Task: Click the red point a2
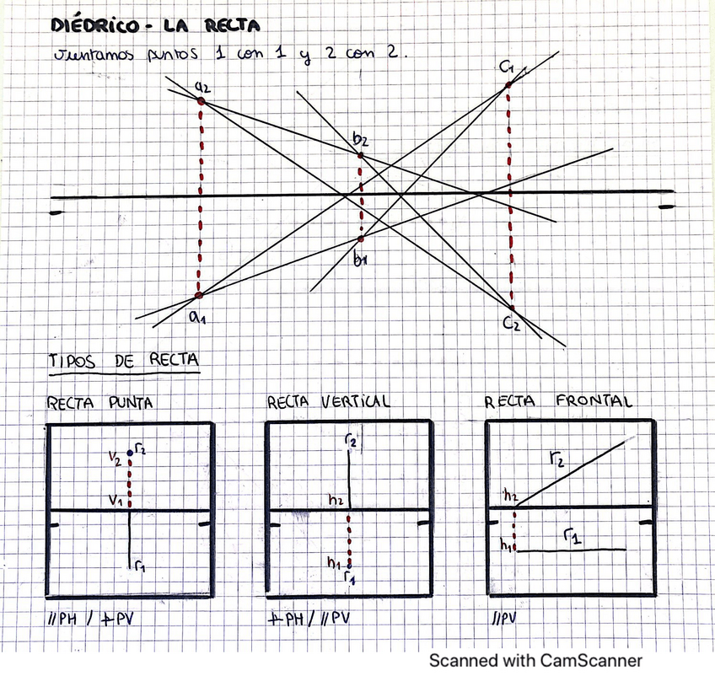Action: pos(201,101)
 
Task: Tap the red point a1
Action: pos(199,296)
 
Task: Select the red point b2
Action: pos(361,155)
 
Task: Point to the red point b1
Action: pos(361,239)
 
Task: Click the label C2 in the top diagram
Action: pos(512,324)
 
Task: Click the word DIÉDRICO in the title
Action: pos(92,26)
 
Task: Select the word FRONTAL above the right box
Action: pos(594,401)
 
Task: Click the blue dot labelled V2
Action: pos(129,453)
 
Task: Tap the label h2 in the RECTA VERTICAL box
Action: pos(336,500)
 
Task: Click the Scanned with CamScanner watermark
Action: pos(535,660)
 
